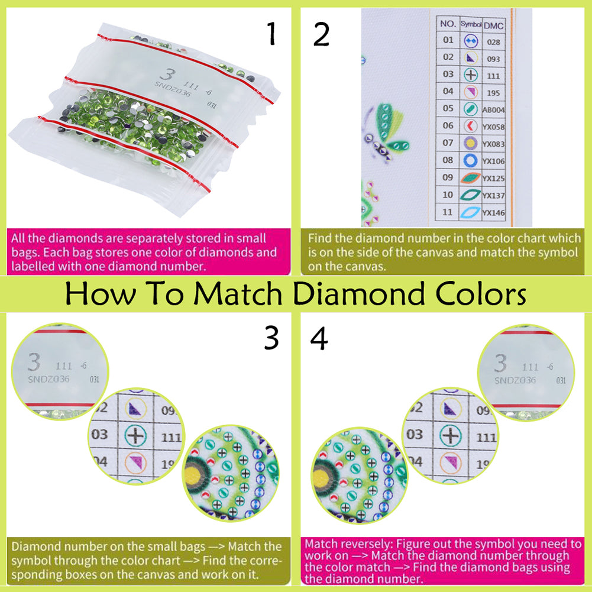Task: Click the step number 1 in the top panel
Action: (271, 34)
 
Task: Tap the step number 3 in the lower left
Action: (271, 338)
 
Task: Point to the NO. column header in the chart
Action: (448, 25)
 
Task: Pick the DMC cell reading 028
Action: (493, 42)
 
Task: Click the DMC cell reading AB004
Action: (493, 109)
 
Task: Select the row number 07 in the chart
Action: (448, 143)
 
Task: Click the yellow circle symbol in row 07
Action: (471, 143)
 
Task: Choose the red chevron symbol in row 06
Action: (471, 126)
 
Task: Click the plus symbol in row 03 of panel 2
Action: (471, 75)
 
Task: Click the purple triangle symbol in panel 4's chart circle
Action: (451, 407)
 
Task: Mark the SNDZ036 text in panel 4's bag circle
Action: (515, 380)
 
